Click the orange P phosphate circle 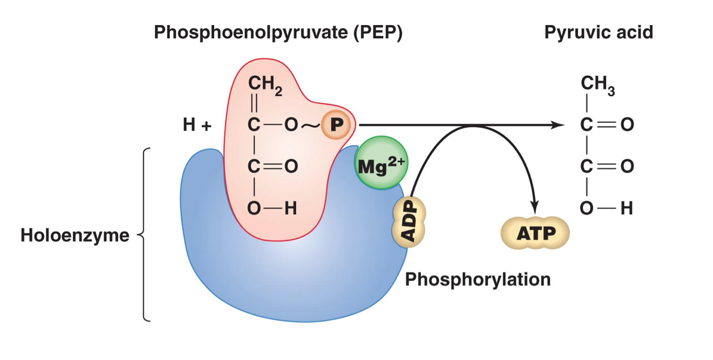pyautogui.click(x=336, y=125)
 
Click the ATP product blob pyautogui.click(x=535, y=233)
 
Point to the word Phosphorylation pyautogui.click(x=477, y=279)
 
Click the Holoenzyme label pyautogui.click(x=75, y=235)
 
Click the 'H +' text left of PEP pyautogui.click(x=197, y=126)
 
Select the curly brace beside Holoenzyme pyautogui.click(x=145, y=235)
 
